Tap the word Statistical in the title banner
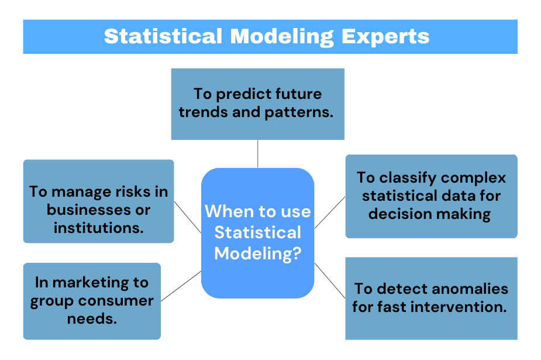click(x=163, y=36)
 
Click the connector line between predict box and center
click(x=257, y=154)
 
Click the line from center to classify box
click(x=330, y=212)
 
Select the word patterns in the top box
click(x=299, y=112)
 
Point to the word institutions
click(x=98, y=227)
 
